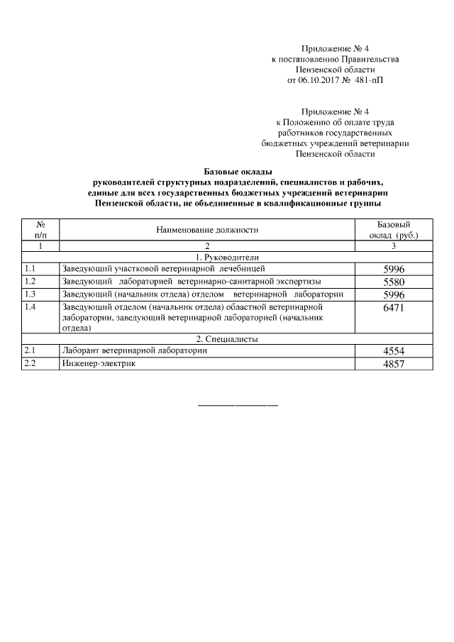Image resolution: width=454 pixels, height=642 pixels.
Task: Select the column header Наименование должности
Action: pyautogui.click(x=207, y=230)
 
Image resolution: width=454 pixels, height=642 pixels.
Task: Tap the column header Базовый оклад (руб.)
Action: pyautogui.click(x=394, y=229)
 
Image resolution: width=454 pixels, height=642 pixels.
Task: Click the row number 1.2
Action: pyautogui.click(x=30, y=281)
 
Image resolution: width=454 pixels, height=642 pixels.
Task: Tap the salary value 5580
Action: pyautogui.click(x=394, y=282)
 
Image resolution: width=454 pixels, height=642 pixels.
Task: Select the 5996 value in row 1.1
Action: pyautogui.click(x=394, y=269)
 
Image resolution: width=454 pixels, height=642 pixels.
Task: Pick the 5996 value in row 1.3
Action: pyautogui.click(x=394, y=294)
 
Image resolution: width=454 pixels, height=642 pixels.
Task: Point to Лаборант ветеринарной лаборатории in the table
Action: pyautogui.click(x=135, y=350)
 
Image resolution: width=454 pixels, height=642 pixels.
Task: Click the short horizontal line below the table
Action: pyautogui.click(x=237, y=405)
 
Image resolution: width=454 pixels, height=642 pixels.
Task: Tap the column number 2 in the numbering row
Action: pyautogui.click(x=207, y=245)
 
